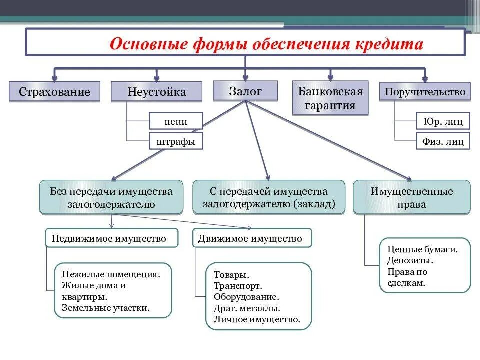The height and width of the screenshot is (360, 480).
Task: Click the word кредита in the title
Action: pos(389,44)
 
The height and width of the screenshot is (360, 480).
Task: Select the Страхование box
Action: pos(54,92)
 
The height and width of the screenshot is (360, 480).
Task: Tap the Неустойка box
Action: pos(157,92)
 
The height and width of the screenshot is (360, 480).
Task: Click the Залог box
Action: pos(245,91)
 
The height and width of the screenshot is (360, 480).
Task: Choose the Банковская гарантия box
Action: pos(330,98)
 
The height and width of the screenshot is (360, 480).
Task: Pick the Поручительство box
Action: pos(425,92)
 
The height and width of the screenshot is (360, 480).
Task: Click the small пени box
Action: pos(176,121)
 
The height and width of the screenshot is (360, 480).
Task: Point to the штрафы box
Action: pos(176,141)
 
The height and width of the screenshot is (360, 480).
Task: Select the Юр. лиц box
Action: pos(443,121)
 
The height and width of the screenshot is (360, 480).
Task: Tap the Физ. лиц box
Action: pos(443,141)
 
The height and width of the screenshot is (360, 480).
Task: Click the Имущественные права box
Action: pos(412,198)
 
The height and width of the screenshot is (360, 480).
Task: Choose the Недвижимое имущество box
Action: pos(112,238)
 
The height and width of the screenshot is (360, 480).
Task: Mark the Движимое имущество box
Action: pos(252,238)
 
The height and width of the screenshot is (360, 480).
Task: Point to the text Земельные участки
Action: pos(106,308)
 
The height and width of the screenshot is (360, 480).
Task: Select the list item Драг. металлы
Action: pos(247,308)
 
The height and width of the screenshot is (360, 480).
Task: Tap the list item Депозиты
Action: pos(410,260)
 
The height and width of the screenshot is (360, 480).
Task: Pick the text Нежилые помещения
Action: pos(111,274)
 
